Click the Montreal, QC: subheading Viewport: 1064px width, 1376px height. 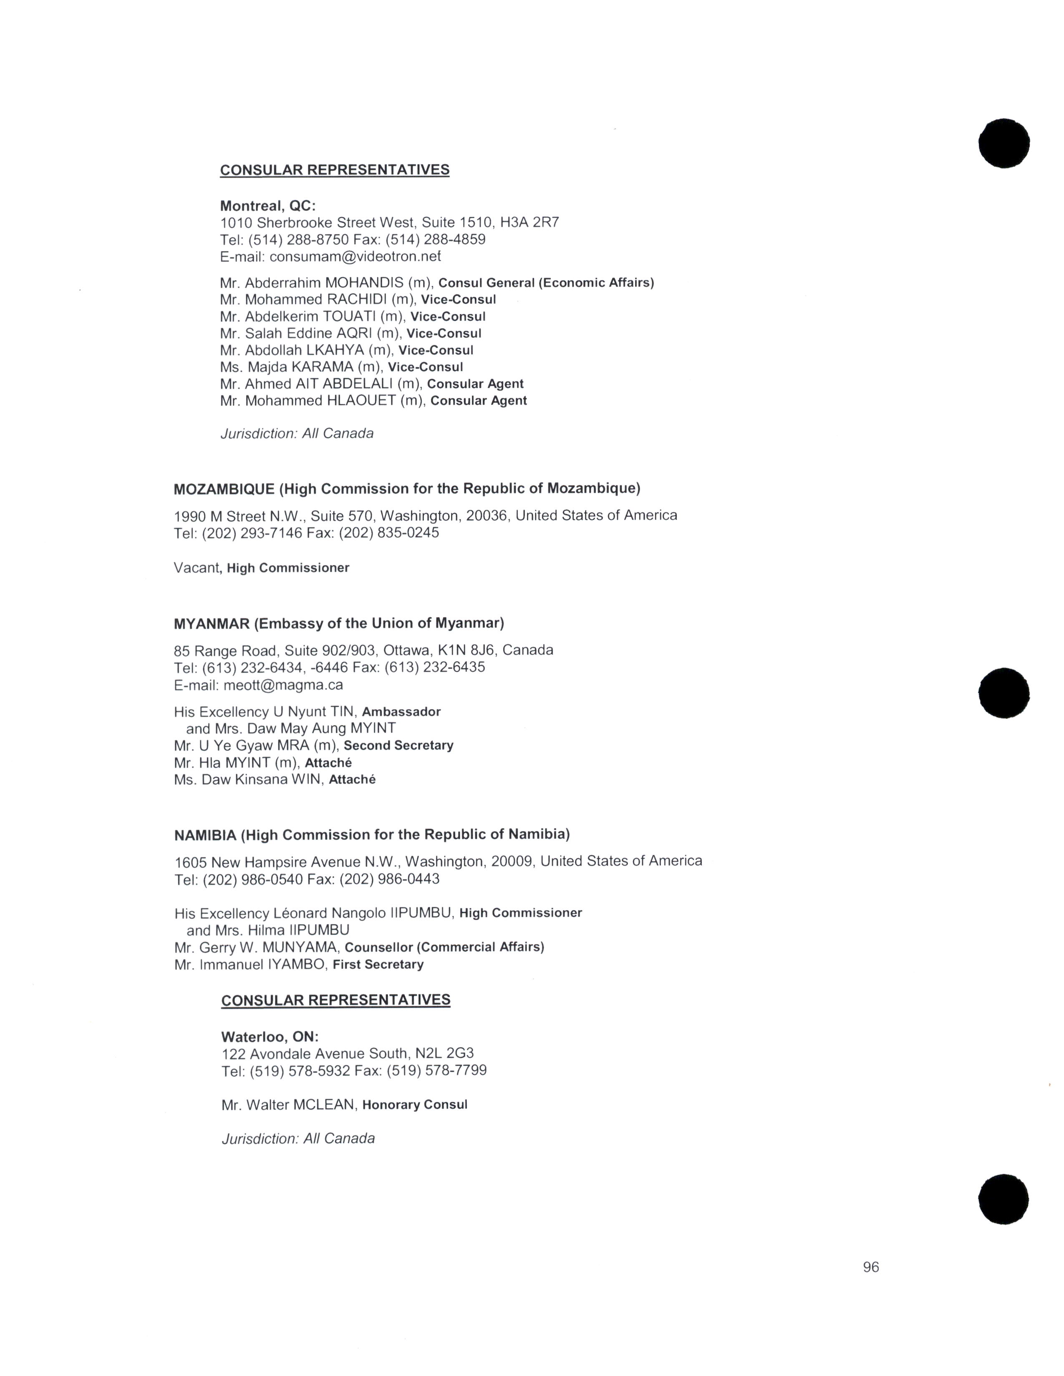[268, 206]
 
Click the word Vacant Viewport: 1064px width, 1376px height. [196, 567]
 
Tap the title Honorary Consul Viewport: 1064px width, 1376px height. [415, 1105]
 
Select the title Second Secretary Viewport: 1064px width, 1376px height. [398, 746]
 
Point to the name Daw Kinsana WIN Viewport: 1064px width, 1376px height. [260, 779]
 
